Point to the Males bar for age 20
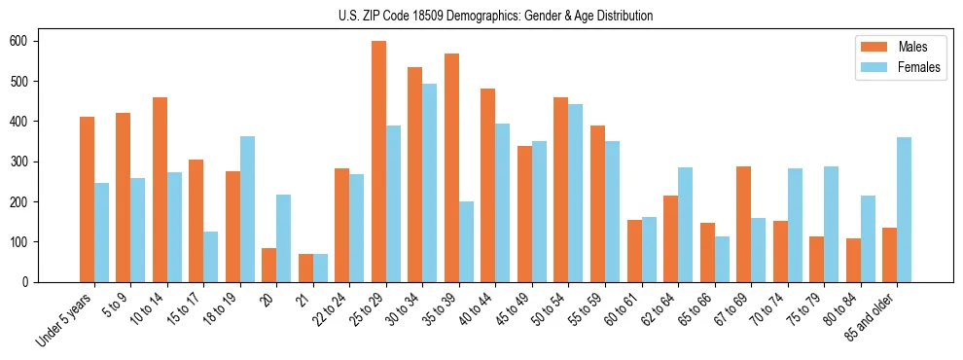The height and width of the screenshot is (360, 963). (x=269, y=265)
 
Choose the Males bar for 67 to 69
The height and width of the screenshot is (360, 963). (x=743, y=224)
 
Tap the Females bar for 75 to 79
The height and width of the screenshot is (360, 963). (x=831, y=224)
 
